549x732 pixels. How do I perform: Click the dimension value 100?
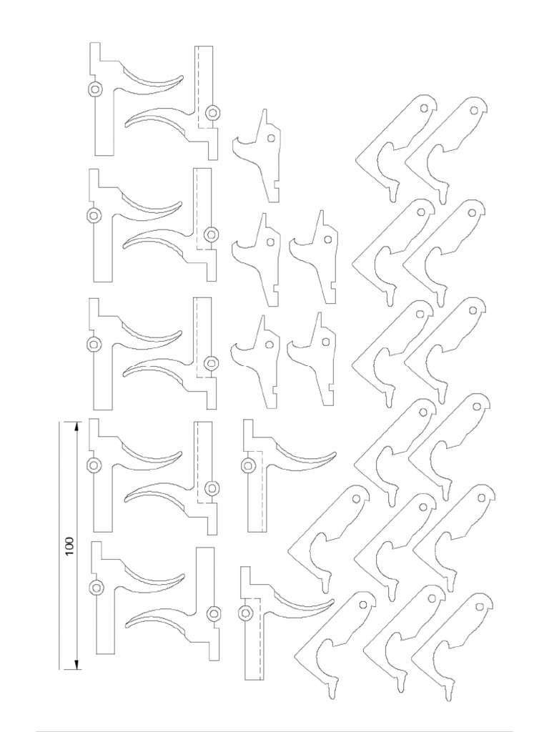click(x=69, y=545)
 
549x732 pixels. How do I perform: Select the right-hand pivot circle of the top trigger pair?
click(x=212, y=112)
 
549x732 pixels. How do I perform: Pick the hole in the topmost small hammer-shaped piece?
click(x=271, y=139)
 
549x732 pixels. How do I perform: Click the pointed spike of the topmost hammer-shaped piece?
click(x=264, y=114)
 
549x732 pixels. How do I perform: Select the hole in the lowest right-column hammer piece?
click(x=326, y=342)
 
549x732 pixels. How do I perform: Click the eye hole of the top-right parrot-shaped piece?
click(x=473, y=111)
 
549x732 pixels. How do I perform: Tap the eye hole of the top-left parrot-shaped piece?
click(x=423, y=108)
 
